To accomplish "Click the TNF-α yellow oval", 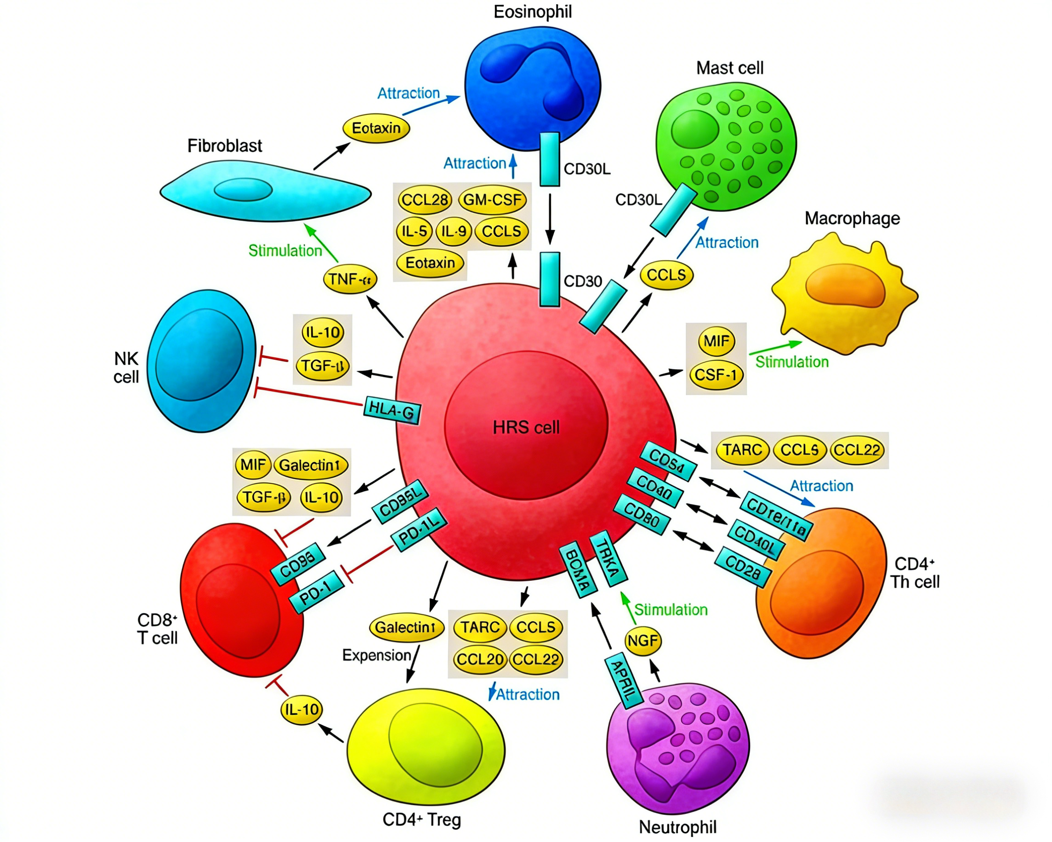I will (350, 280).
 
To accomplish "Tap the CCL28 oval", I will (425, 200).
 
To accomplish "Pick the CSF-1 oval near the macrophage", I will (716, 375).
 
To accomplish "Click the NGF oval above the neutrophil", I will (643, 641).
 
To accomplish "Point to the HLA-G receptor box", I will (392, 410).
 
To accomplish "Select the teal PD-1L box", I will (419, 530).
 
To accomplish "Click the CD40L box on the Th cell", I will (755, 540).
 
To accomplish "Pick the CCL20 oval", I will (480, 659).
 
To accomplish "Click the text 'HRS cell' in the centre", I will (526, 428).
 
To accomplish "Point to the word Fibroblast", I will (224, 145).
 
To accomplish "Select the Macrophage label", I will (852, 218).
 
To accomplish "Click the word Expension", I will (376, 655).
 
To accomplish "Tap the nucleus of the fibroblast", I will (243, 189).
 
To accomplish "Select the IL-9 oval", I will (453, 231).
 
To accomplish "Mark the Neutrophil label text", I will (678, 827).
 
